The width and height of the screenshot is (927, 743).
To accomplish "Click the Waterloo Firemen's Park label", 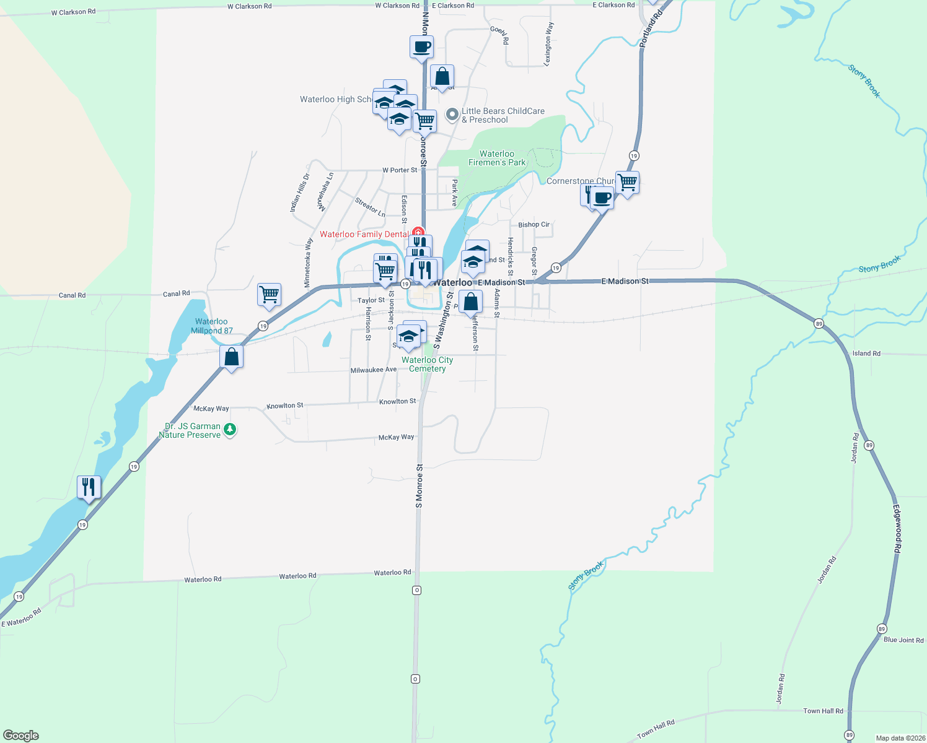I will pyautogui.click(x=497, y=159).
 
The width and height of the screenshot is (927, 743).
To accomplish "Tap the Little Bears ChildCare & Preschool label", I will pyautogui.click(x=503, y=116).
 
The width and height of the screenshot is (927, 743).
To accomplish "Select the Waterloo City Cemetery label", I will pyautogui.click(x=428, y=364).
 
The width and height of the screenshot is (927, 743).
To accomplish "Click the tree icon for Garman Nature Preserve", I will pyautogui.click(x=230, y=428).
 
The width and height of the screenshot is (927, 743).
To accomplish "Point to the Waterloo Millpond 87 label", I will pyautogui.click(x=211, y=326).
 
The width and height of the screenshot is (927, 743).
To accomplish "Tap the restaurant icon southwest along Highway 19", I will pyautogui.click(x=89, y=487).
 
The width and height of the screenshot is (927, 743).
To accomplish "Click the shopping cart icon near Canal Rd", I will pyautogui.click(x=269, y=295).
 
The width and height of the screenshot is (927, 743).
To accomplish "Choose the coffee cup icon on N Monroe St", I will pyautogui.click(x=421, y=46).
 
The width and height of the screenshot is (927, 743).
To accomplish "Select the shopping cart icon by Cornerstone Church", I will pyautogui.click(x=627, y=182).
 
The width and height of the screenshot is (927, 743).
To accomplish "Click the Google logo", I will pyautogui.click(x=21, y=736).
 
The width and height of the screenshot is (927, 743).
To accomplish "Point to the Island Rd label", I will pyautogui.click(x=866, y=354).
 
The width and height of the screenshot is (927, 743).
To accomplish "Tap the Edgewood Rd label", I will pyautogui.click(x=897, y=529).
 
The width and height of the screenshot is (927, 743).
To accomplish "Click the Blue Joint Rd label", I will pyautogui.click(x=903, y=640).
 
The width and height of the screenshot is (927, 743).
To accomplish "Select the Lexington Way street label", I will pyautogui.click(x=548, y=43).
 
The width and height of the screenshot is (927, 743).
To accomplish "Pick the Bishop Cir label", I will pyautogui.click(x=534, y=225).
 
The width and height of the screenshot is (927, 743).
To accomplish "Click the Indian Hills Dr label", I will pyautogui.click(x=299, y=193).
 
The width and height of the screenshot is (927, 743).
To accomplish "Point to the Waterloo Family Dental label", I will pyautogui.click(x=364, y=234).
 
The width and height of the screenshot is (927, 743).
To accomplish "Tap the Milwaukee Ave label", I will pyautogui.click(x=373, y=370).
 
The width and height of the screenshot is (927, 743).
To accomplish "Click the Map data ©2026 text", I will pyautogui.click(x=900, y=738).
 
